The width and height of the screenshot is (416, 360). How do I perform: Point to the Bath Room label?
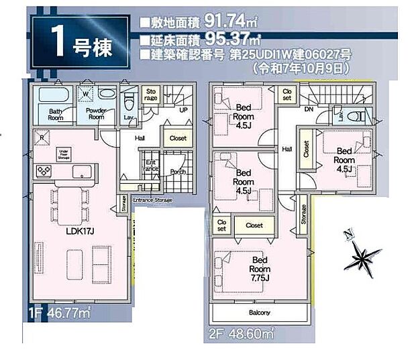(56, 115)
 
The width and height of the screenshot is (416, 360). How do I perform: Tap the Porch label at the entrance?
(178, 172)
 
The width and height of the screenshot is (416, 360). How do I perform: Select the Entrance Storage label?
(153, 200)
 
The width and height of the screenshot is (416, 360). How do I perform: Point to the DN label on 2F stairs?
(309, 109)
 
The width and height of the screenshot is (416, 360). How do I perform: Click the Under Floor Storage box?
(64, 155)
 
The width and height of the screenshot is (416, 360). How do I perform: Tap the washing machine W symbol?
(86, 94)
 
